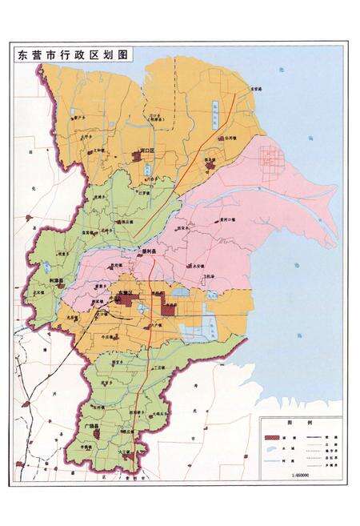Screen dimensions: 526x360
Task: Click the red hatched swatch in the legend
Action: pos(275,440)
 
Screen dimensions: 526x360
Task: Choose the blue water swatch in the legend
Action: pos(275,462)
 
